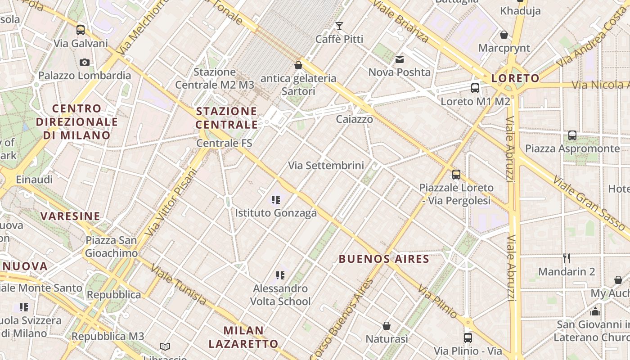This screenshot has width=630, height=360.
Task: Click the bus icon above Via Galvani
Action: [81, 30]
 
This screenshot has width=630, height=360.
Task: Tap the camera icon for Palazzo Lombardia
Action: [85, 62]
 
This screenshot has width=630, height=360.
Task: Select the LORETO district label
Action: [515, 78]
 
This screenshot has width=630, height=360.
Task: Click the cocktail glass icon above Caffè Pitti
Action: [339, 26]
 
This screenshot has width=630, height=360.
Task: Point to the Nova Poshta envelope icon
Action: [400, 59]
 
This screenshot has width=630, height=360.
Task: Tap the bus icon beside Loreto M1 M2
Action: [475, 88]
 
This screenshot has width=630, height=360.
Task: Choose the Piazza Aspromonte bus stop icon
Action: [572, 135]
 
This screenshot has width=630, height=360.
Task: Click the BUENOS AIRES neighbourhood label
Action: [384, 259]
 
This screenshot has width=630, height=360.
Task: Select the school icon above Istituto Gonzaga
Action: [276, 199]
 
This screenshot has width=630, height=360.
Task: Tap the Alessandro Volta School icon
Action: [280, 275]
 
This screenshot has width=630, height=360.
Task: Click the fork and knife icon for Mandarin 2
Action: [567, 258]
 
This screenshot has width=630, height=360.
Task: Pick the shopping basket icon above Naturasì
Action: [386, 325]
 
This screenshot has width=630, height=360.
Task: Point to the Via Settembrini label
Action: [326, 166]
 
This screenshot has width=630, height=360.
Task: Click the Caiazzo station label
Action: [355, 119]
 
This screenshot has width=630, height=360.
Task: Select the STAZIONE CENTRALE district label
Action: [227, 117]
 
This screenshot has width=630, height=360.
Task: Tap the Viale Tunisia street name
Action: [179, 284]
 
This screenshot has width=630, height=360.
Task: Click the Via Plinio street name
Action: [437, 301]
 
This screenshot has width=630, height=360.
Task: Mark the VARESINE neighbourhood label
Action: [70, 216]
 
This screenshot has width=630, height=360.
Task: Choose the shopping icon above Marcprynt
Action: [504, 35]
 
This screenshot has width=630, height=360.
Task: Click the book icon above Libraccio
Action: [165, 346]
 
